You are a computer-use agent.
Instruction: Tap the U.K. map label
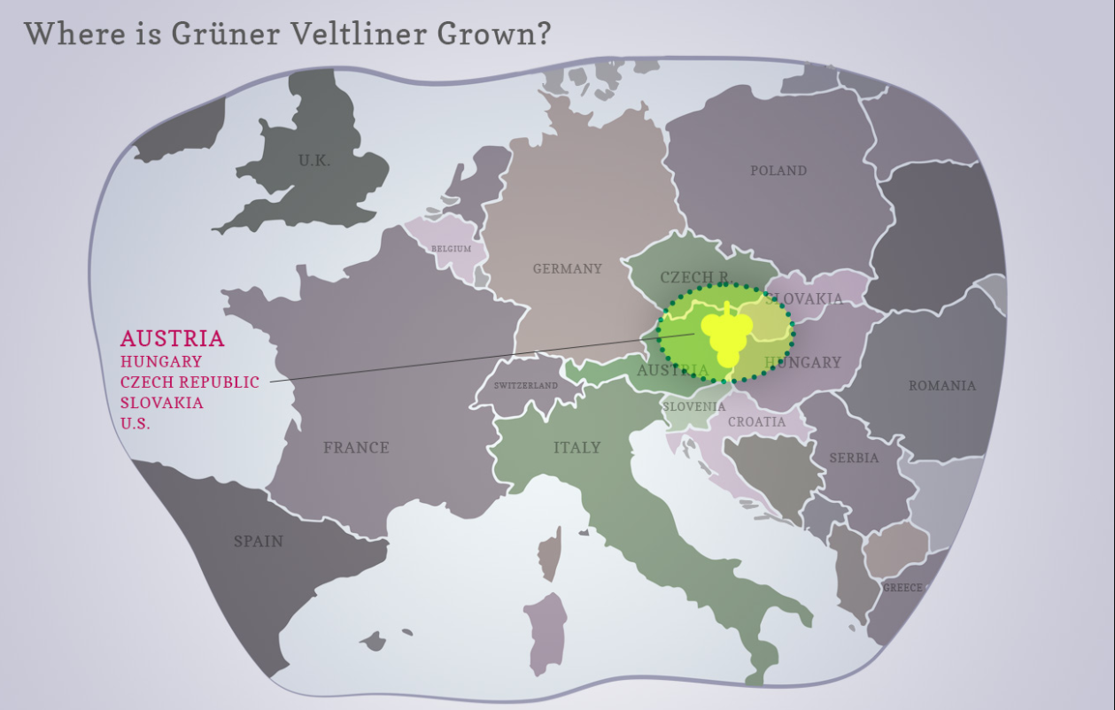[314, 161]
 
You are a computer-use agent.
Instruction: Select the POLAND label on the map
[778, 171]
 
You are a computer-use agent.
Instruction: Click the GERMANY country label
[567, 269]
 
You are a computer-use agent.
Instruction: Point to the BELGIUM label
[452, 250]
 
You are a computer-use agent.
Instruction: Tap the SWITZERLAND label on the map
[526, 386]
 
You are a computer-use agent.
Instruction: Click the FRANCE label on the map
[356, 448]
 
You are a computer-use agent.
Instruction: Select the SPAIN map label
[259, 541]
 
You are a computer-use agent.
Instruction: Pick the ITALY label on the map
[577, 448]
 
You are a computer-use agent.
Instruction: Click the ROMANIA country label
[942, 386]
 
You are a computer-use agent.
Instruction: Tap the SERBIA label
[854, 458]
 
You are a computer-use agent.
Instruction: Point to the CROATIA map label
[756, 422]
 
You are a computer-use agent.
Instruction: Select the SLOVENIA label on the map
[694, 406]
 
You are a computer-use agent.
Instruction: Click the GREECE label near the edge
[902, 588]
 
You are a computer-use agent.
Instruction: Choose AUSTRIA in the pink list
[173, 339]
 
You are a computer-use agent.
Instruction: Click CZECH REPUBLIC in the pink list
[190, 382]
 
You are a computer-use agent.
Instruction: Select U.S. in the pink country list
[136, 423]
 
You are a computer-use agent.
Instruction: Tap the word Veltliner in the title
[360, 35]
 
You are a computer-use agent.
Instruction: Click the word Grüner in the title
[224, 35]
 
